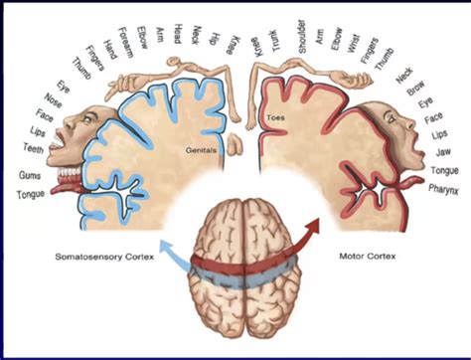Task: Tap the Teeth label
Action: coord(32,149)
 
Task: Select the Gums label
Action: coord(31,177)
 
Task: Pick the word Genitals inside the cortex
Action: coord(201,151)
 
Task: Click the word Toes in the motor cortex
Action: coord(275,117)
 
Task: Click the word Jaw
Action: coord(443,151)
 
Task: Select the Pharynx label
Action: coord(443,187)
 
